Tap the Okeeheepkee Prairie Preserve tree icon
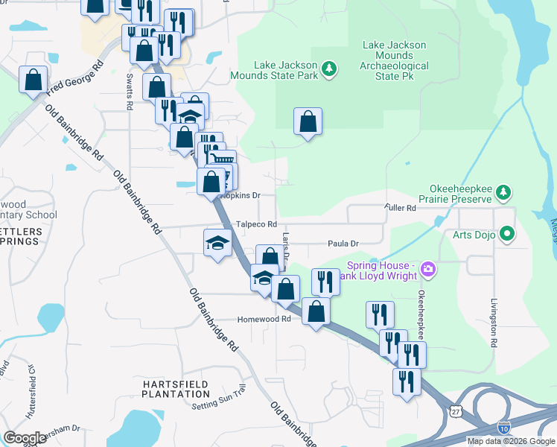(x=504, y=193)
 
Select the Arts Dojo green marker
(x=509, y=235)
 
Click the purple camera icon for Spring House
(x=427, y=268)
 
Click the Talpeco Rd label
(x=256, y=224)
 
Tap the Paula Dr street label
(x=344, y=243)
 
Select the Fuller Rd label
(x=400, y=207)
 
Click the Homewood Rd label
(x=263, y=319)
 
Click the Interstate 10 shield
(x=503, y=428)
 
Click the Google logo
(x=25, y=438)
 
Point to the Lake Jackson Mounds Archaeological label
(x=394, y=56)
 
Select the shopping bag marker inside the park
(x=308, y=121)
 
